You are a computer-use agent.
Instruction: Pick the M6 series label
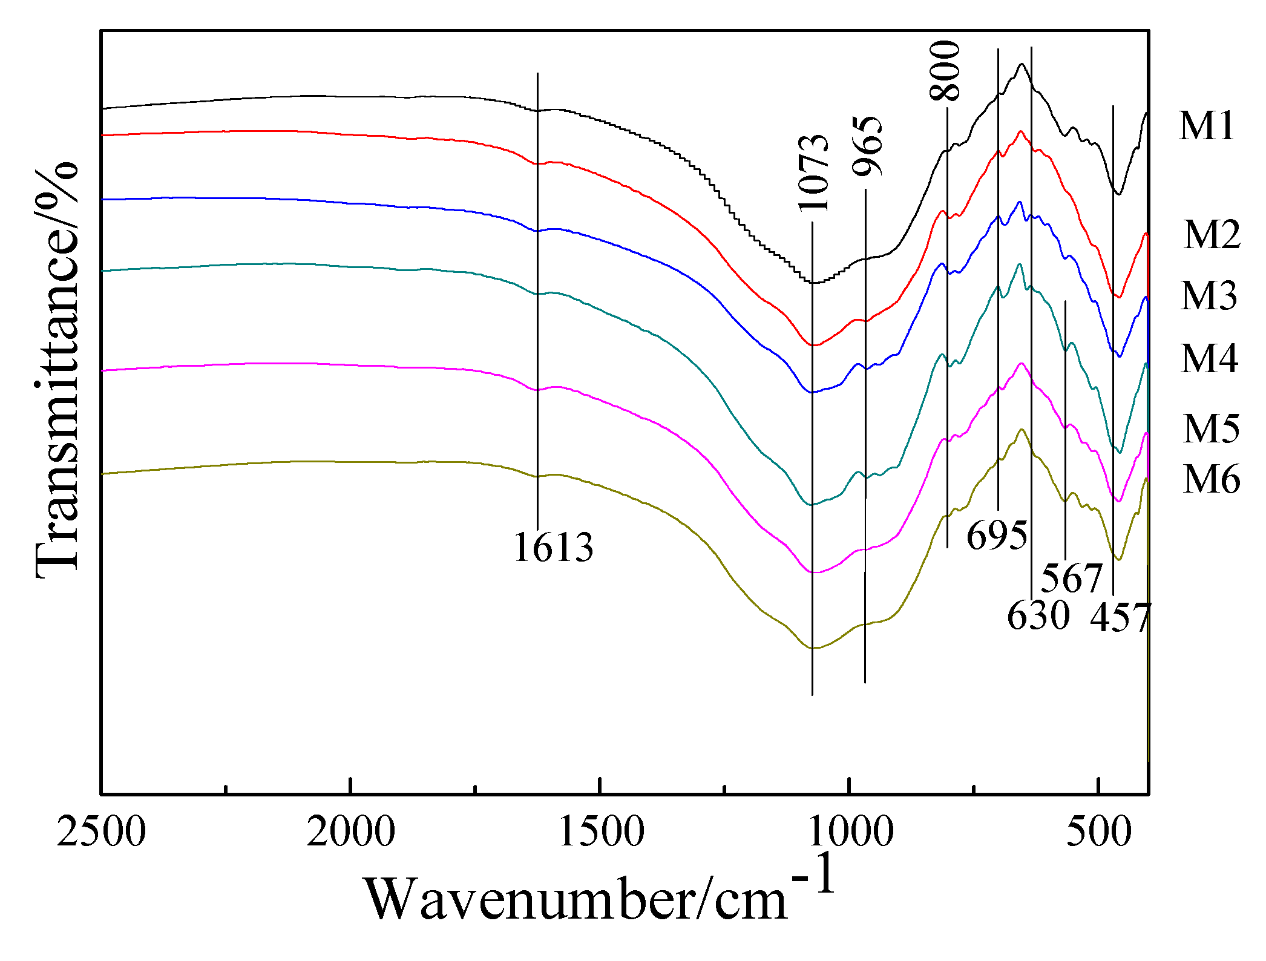click(1211, 479)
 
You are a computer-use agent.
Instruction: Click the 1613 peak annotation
click(553, 548)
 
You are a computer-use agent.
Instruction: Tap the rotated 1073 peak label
click(813, 173)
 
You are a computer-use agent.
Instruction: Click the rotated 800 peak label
click(945, 70)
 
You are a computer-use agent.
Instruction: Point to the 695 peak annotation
click(997, 536)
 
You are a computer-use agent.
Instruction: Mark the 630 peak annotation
click(1038, 615)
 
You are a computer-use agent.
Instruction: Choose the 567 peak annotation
click(1072, 578)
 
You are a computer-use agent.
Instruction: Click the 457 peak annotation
click(1120, 617)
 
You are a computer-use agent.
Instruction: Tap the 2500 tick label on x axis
click(102, 831)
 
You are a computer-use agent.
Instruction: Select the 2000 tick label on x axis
click(350, 831)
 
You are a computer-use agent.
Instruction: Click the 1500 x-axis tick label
click(600, 831)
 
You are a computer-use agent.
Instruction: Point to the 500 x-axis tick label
click(1098, 831)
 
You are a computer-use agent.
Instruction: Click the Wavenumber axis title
click(599, 896)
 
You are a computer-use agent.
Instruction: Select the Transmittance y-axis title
click(56, 369)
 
